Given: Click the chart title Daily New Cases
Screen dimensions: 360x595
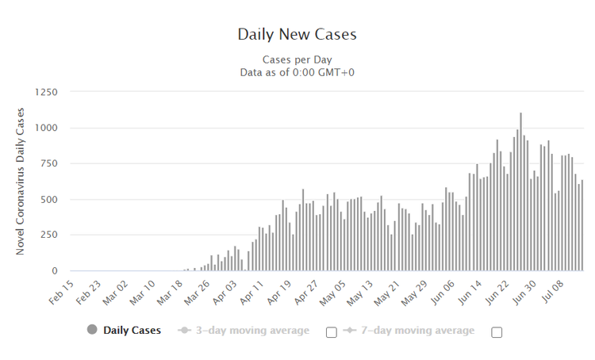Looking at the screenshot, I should tap(297, 35).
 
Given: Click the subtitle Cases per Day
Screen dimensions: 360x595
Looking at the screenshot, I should tap(297, 59).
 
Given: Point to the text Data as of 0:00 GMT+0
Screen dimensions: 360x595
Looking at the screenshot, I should tap(297, 72).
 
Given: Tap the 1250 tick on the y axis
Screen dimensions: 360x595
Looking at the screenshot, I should tap(44, 92).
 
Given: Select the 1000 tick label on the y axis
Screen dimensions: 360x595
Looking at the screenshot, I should tap(44, 128).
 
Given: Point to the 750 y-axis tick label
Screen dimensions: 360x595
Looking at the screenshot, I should tap(48, 163).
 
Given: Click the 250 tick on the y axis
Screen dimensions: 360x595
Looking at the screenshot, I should tap(48, 235).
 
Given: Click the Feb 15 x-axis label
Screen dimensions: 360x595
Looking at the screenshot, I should tap(61, 291).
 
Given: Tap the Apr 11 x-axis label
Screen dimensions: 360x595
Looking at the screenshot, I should tap(250, 291).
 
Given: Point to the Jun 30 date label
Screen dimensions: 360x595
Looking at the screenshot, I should tap(521, 291).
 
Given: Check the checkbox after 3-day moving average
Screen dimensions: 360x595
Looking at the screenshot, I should tap(332, 332).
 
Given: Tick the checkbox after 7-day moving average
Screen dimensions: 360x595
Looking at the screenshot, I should tap(497, 332).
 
